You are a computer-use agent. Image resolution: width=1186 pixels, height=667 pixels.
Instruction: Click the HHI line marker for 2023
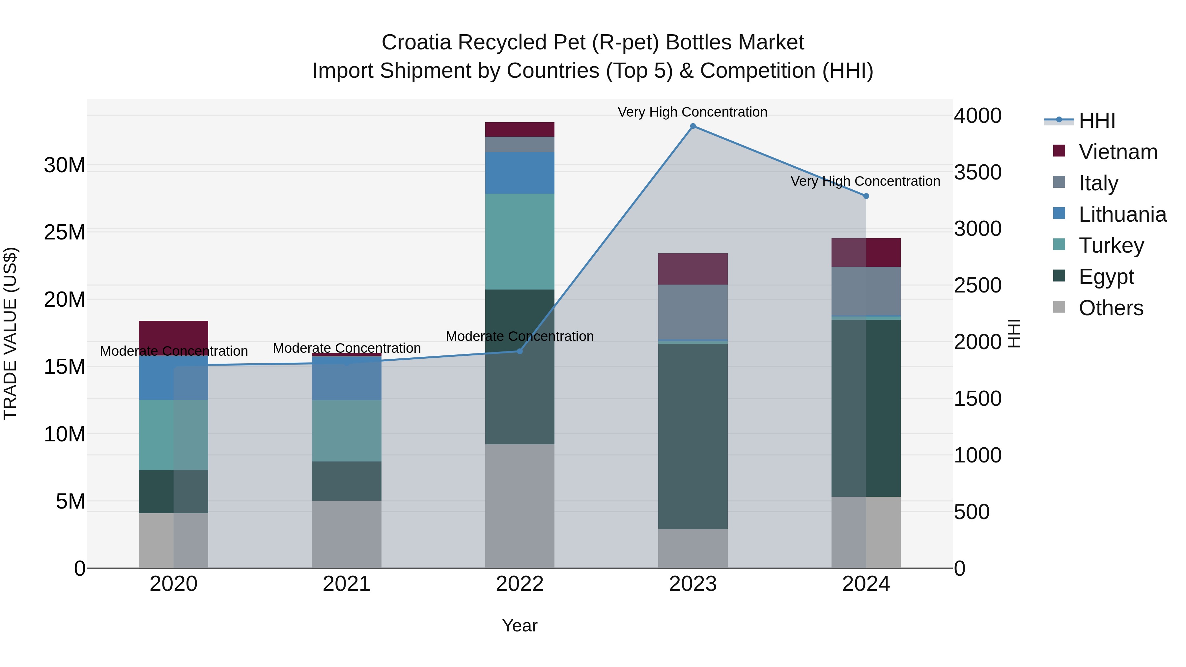[693, 126]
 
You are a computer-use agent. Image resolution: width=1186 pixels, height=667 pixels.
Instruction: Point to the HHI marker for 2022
[520, 351]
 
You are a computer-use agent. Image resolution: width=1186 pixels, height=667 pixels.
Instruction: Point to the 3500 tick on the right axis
[977, 172]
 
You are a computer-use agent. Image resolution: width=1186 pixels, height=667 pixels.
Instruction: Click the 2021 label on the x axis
[347, 584]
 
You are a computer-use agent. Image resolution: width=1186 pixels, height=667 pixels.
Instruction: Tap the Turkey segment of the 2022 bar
[520, 242]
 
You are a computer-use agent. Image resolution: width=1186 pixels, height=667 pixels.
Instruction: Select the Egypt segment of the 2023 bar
[693, 436]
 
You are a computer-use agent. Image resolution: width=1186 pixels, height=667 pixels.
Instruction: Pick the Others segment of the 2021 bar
[347, 534]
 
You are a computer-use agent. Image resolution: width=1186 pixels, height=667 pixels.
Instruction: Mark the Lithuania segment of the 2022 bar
[520, 173]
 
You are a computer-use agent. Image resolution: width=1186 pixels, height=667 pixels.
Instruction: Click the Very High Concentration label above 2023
[692, 112]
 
